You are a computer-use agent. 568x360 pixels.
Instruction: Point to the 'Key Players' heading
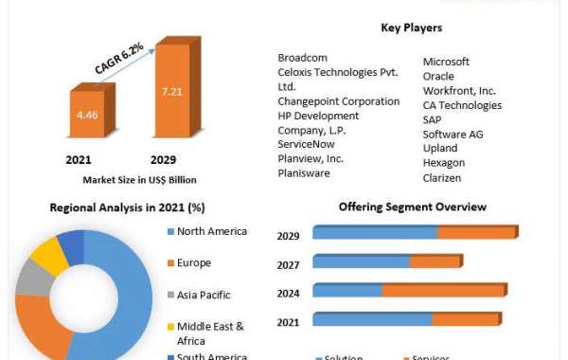pyautogui.click(x=412, y=27)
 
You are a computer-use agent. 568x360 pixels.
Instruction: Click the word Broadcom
pyautogui.click(x=304, y=58)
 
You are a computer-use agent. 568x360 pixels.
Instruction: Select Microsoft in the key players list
pyautogui.click(x=446, y=63)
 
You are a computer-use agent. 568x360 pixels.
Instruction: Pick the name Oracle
pyautogui.click(x=438, y=77)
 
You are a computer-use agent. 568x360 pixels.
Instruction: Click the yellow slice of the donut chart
pyautogui.click(x=46, y=256)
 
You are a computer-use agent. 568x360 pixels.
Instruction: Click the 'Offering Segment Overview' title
pyautogui.click(x=413, y=207)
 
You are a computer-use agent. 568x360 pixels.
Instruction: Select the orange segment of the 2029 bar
pyautogui.click(x=477, y=232)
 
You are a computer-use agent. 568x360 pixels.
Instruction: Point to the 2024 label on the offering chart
pyautogui.click(x=288, y=294)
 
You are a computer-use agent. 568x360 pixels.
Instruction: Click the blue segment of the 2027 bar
pyautogui.click(x=361, y=261)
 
